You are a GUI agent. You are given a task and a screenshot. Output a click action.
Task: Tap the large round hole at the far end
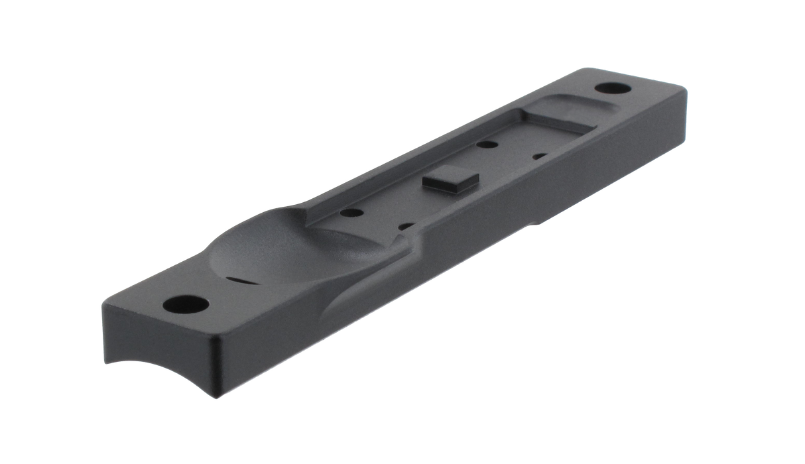(607, 88)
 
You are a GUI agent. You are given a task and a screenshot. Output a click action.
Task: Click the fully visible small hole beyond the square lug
(488, 144)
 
